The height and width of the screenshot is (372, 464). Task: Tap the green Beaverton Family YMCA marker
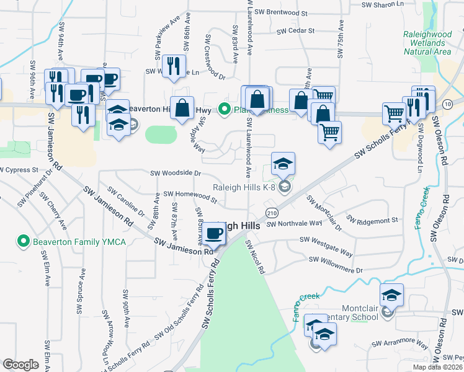tap(24, 241)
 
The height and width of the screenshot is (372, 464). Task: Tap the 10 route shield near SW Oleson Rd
tap(447, 104)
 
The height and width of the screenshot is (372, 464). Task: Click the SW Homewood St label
tap(190, 197)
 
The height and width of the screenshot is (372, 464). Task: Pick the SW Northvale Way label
tap(294, 223)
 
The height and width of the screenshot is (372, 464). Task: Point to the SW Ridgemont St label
tap(372, 221)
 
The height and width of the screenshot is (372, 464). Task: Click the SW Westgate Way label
tap(326, 246)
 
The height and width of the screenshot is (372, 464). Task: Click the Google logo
tap(20, 365)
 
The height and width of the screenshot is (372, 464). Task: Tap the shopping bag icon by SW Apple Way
tap(183, 108)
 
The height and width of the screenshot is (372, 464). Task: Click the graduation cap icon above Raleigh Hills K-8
tap(283, 164)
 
